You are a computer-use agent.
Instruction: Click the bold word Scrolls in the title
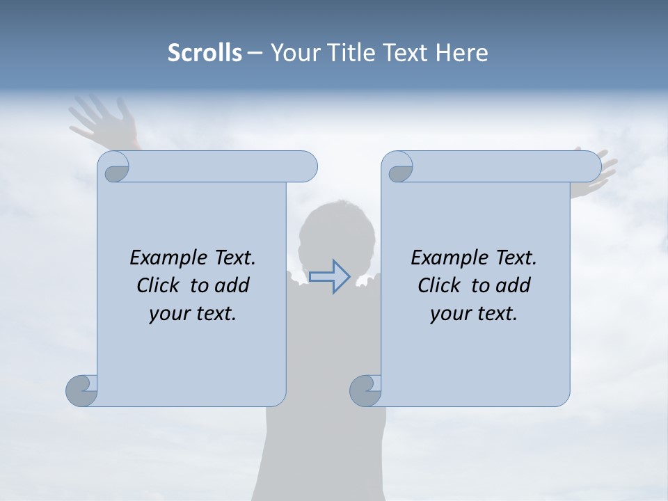[205, 53]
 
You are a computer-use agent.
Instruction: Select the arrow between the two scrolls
[329, 277]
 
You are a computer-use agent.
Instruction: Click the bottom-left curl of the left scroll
[81, 390]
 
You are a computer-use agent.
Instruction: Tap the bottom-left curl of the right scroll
[365, 390]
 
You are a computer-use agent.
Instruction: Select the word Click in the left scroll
[159, 286]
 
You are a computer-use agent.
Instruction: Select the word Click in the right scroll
[440, 286]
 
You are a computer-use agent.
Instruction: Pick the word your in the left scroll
[169, 314]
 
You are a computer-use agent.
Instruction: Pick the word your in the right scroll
[450, 314]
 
